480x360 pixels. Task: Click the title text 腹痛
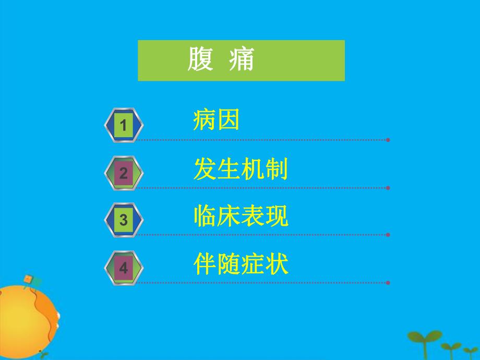[x=221, y=61]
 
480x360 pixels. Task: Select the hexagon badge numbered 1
[x=123, y=125]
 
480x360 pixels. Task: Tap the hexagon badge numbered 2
[x=123, y=173]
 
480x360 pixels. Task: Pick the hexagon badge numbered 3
[x=123, y=220]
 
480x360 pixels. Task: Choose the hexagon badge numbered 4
[x=123, y=268]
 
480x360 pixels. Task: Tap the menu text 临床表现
[x=240, y=217]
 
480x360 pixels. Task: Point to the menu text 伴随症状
[x=240, y=265]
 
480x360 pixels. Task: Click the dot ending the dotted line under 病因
[x=388, y=140]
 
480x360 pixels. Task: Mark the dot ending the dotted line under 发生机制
[x=388, y=187]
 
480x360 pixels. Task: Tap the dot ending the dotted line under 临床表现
[x=388, y=235]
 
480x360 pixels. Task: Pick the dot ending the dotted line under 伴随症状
[x=388, y=283]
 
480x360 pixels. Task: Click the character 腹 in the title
[x=200, y=61]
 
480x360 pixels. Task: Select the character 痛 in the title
[x=242, y=61]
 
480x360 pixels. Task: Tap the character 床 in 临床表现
[x=229, y=217]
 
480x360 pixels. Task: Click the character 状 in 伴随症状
[x=277, y=265]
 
